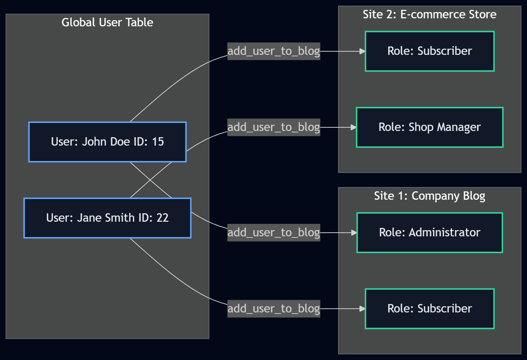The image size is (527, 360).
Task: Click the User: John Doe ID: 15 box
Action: [107, 142]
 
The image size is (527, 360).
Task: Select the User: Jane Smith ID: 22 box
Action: [107, 218]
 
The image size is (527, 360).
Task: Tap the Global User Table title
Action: [107, 22]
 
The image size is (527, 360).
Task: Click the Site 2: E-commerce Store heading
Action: [429, 14]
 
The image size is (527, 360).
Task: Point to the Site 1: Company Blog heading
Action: [429, 196]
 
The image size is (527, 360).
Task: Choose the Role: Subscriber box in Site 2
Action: [429, 51]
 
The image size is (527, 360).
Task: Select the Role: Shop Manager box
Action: [429, 127]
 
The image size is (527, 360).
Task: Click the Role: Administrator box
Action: [429, 233]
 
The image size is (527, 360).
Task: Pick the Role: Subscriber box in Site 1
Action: [429, 309]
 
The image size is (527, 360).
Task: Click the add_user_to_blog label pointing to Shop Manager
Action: [274, 127]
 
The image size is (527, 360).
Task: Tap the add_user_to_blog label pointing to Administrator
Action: [274, 233]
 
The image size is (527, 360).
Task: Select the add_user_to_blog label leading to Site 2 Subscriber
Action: [274, 51]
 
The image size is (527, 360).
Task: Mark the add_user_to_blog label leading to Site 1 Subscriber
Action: [274, 309]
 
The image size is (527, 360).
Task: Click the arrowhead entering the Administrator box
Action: [354, 233]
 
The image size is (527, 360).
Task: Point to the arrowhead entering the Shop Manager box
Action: [353, 127]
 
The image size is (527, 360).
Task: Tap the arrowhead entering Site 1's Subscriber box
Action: [362, 309]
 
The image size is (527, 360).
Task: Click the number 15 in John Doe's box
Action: [158, 142]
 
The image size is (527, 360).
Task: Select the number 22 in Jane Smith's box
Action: [162, 218]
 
